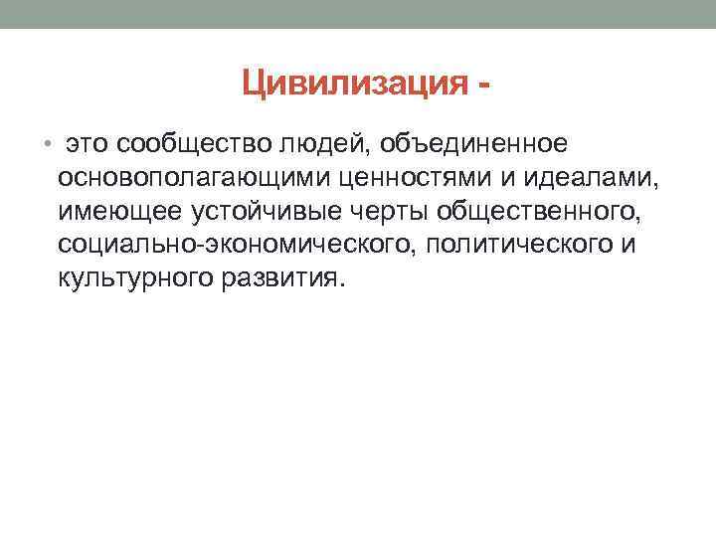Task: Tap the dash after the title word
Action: tap(482, 87)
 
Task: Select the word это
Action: tap(88, 145)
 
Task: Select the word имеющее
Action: tap(116, 212)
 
